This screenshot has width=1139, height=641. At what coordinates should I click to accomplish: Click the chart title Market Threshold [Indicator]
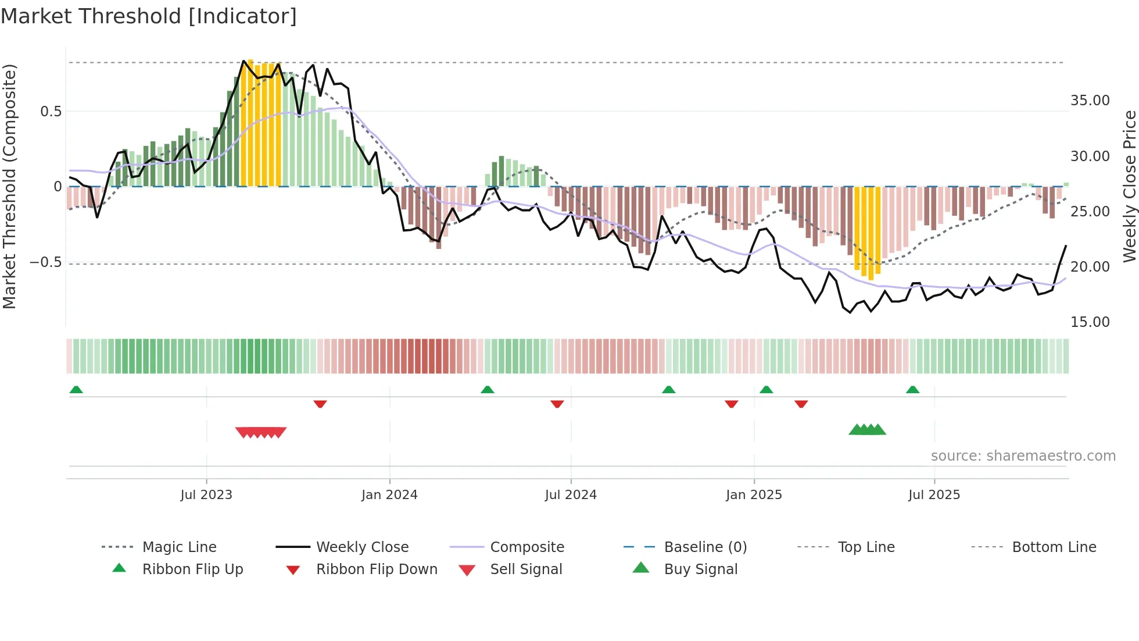point(149,16)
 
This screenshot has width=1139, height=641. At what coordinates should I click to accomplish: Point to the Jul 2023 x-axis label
point(206,495)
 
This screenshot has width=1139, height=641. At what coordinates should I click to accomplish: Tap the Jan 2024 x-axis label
point(389,495)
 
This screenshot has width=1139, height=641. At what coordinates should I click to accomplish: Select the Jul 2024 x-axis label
point(571,495)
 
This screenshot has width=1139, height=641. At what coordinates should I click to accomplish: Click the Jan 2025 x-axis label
point(754,495)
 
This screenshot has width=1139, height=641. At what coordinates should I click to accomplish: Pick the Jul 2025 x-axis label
point(934,495)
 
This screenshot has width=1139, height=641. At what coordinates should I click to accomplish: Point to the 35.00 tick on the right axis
point(1090,101)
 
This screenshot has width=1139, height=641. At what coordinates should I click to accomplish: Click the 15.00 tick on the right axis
point(1090,322)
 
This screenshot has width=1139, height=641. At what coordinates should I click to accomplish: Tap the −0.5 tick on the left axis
point(45,262)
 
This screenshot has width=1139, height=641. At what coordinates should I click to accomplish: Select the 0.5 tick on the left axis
point(51,112)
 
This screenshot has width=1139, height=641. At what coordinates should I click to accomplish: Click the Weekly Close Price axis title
point(1129,186)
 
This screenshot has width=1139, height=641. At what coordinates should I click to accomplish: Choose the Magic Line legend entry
point(179,547)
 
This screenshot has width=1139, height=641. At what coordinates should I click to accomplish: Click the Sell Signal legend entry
point(526,569)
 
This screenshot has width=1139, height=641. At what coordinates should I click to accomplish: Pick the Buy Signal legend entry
point(700,569)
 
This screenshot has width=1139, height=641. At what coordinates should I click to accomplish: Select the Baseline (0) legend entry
point(705,547)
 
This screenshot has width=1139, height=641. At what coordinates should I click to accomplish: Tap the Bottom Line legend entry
point(1054,547)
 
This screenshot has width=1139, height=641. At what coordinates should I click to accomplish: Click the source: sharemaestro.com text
point(1023,456)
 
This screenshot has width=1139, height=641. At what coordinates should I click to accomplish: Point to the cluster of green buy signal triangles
point(867,430)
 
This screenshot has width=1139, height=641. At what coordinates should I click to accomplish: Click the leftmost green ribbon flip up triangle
point(76,390)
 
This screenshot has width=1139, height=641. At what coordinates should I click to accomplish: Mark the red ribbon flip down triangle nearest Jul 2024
point(557,404)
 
